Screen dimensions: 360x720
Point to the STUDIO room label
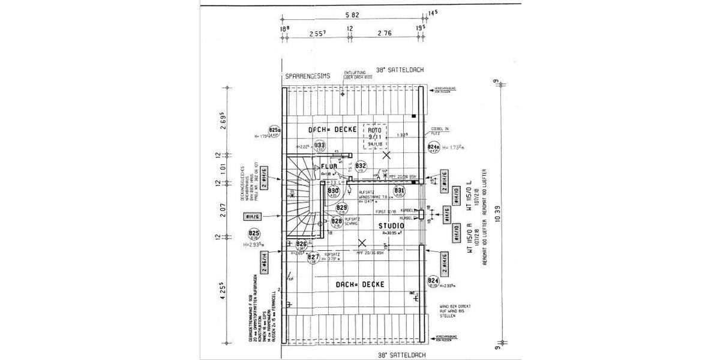coord(391,226)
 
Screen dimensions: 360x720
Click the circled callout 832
coord(361,166)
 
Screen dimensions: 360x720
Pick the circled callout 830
coord(334,191)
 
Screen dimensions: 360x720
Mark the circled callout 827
coord(313,259)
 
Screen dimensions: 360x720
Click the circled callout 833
coord(320,146)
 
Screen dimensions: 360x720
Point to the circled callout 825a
coord(275,131)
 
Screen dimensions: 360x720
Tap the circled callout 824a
coord(433,148)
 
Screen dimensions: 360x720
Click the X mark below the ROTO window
coord(387,155)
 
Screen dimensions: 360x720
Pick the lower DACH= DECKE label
coord(360,284)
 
